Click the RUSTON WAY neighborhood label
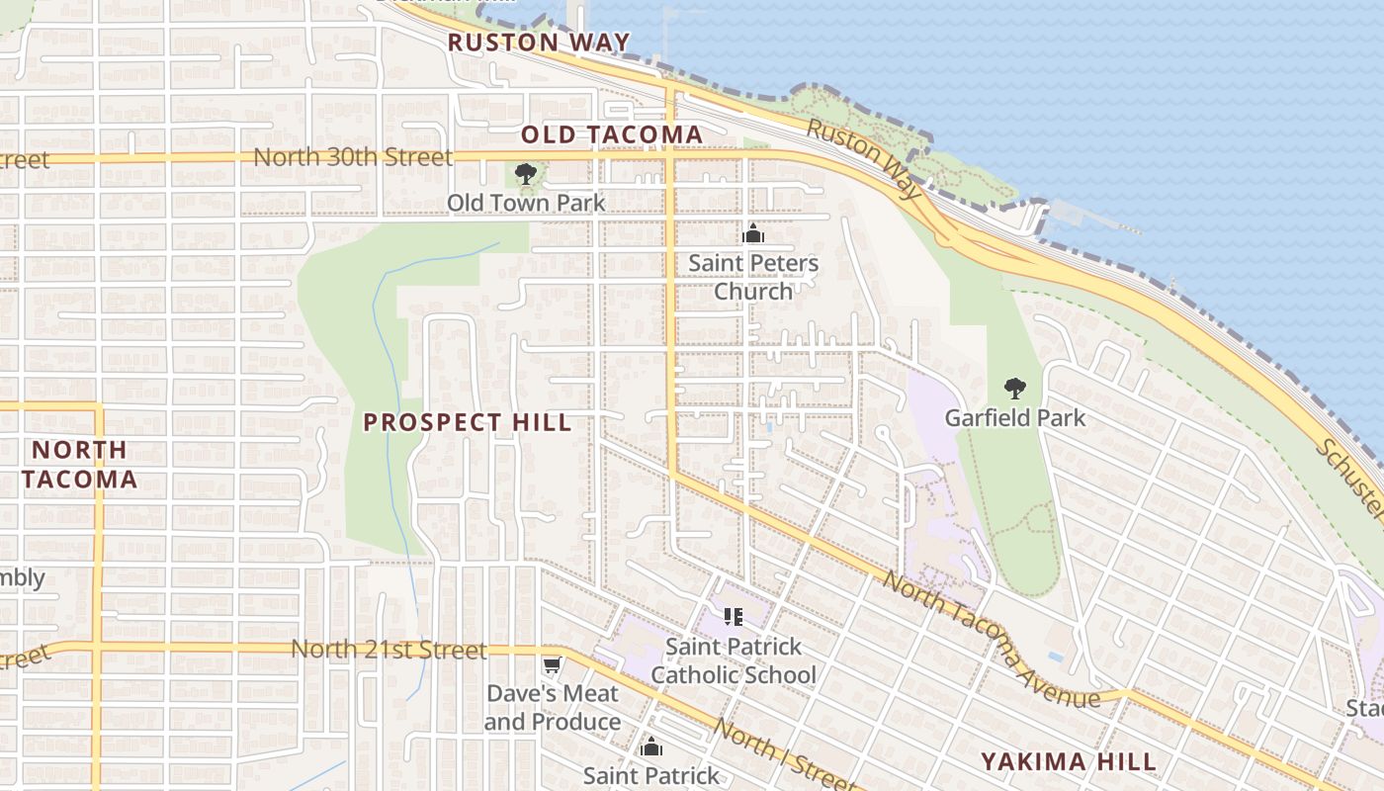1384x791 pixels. click(539, 43)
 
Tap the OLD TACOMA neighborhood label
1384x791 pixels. click(612, 134)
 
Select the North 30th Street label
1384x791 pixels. click(353, 157)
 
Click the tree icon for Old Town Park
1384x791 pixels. click(526, 175)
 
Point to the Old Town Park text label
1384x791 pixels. click(526, 203)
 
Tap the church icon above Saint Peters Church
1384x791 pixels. click(753, 234)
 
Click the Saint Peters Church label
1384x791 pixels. click(753, 277)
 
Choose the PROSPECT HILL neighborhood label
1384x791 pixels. click(468, 422)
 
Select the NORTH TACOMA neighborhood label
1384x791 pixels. click(79, 465)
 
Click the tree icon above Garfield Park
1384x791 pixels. click(1014, 389)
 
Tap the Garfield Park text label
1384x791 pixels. click(1014, 417)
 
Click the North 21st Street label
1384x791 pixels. click(389, 650)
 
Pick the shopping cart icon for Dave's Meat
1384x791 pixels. click(552, 665)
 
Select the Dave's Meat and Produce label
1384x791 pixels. click(552, 708)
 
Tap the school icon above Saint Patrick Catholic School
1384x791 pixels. click(733, 617)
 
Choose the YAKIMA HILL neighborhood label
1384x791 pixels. click(1068, 761)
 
